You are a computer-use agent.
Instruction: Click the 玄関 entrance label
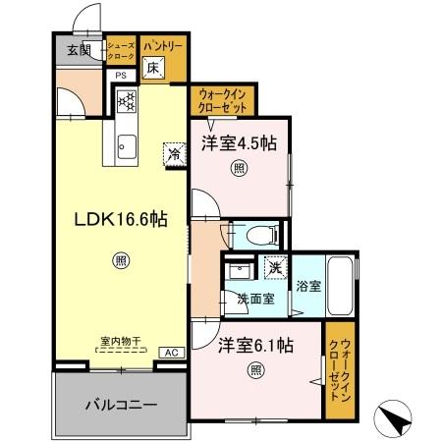point(80,50)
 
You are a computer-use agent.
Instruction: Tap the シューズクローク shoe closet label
point(121,51)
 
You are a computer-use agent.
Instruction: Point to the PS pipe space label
point(122,75)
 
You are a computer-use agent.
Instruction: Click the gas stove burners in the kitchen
point(126,100)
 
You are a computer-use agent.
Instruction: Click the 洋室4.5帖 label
point(239,143)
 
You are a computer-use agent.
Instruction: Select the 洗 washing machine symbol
point(275,266)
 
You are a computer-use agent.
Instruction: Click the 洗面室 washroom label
point(254,299)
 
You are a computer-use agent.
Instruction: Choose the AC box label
point(168,352)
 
